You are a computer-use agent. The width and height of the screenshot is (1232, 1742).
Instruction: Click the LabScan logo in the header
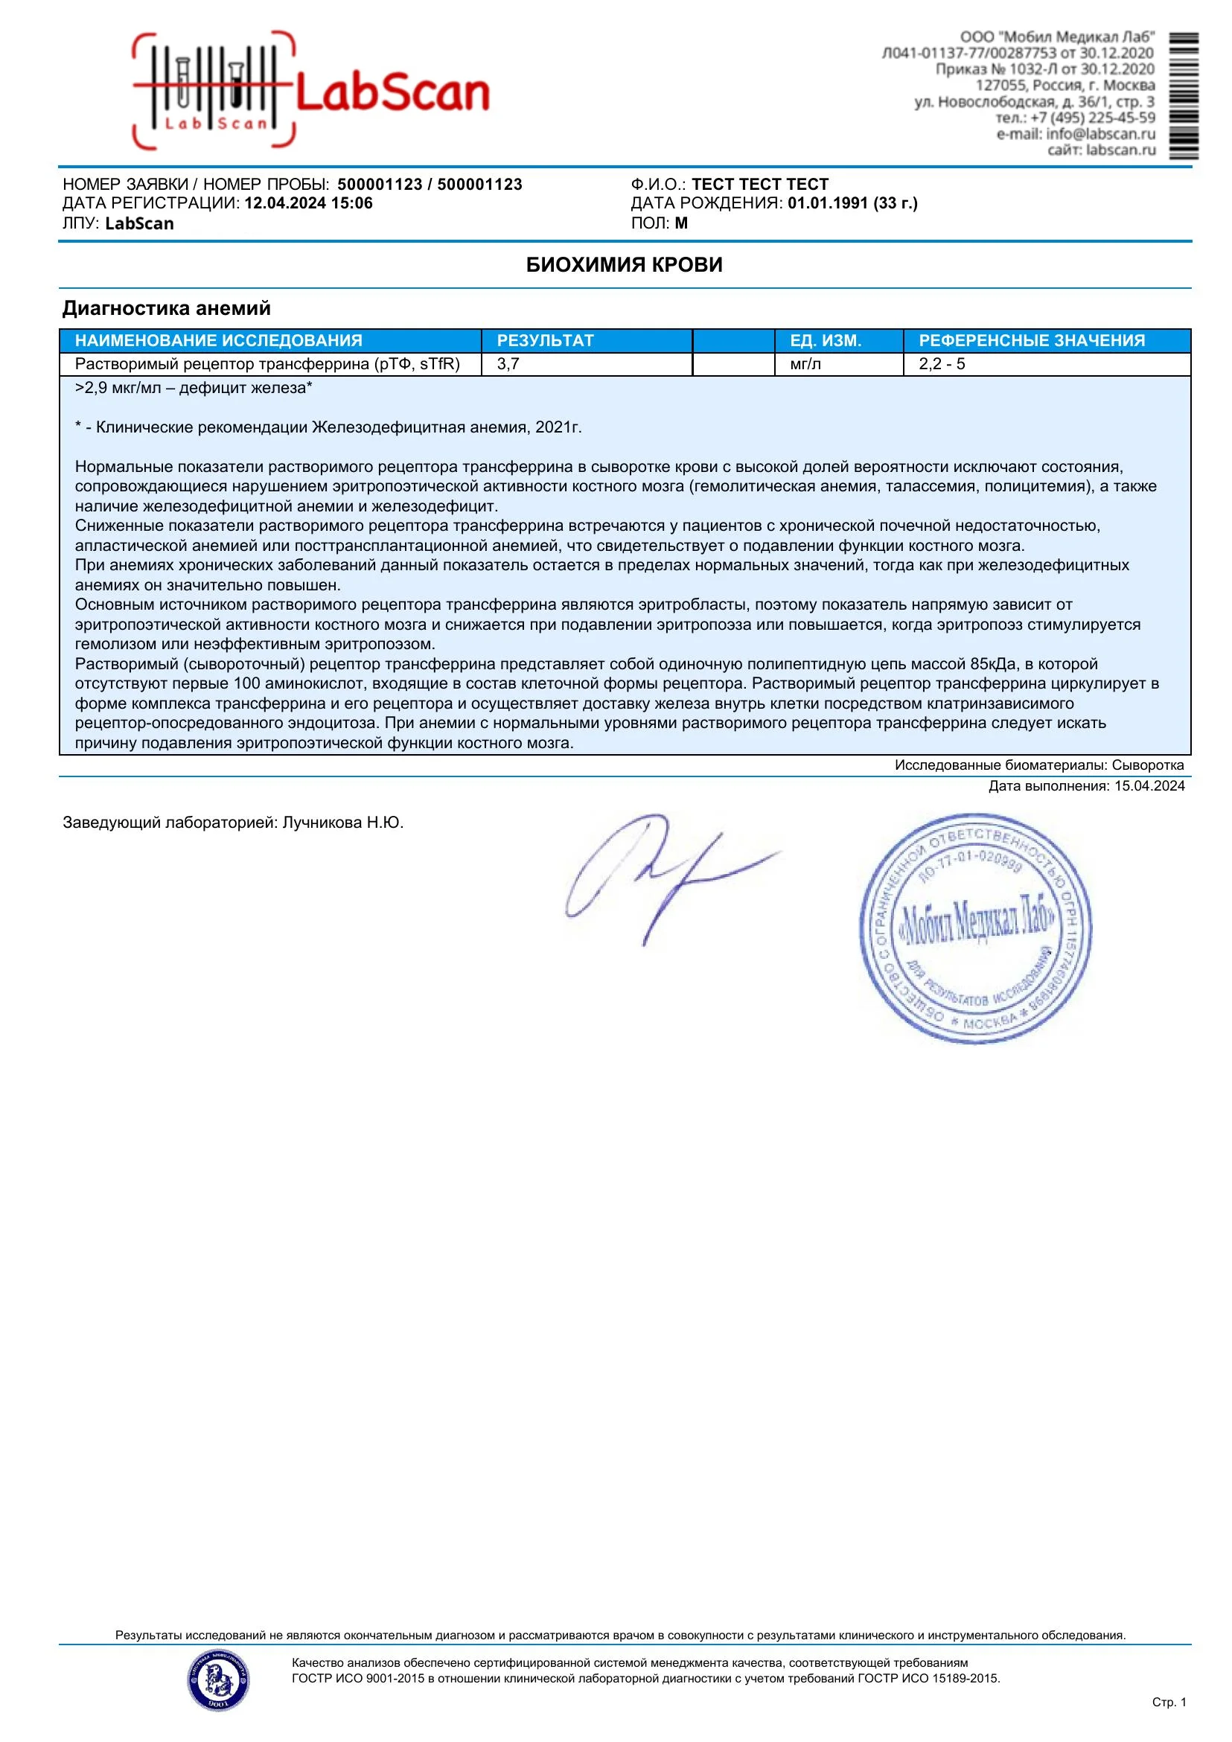pos(311,91)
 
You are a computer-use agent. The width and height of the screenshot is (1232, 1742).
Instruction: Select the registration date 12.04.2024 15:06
pos(308,203)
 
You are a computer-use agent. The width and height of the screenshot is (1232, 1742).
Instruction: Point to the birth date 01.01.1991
pos(827,203)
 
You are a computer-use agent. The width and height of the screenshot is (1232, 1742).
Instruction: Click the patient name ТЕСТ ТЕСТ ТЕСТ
pos(759,185)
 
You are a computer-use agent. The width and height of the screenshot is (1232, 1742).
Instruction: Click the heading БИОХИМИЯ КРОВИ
pos(624,265)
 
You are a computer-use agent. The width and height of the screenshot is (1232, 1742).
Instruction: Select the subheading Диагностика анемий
pos(166,308)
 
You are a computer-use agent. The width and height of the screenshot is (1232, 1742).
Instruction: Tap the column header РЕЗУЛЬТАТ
pos(545,341)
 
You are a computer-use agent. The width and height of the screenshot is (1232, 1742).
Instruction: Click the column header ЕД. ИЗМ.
pos(826,341)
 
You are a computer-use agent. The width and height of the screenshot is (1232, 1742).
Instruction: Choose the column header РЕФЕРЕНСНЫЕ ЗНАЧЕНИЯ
pos(1032,341)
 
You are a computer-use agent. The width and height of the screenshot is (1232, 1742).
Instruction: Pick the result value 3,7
pos(508,364)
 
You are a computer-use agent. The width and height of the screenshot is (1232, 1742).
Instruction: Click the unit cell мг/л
pos(805,364)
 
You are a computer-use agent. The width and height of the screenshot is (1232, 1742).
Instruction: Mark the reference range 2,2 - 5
pos(942,364)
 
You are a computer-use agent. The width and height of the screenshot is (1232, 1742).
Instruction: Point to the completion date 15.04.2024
pos(1149,786)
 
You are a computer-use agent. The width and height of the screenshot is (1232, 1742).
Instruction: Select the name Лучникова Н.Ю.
pos(343,823)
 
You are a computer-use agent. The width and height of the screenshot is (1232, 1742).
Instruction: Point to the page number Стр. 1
pos(1168,1702)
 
